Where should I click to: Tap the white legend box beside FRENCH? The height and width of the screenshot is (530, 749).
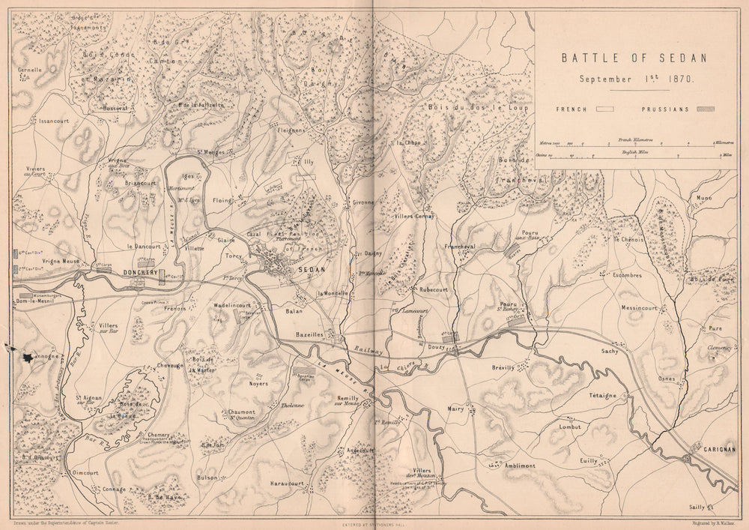604,109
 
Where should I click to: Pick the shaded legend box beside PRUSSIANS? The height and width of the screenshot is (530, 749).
705,109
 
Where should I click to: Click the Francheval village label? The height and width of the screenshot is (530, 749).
461,247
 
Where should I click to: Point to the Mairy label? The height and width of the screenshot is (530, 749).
456,409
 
